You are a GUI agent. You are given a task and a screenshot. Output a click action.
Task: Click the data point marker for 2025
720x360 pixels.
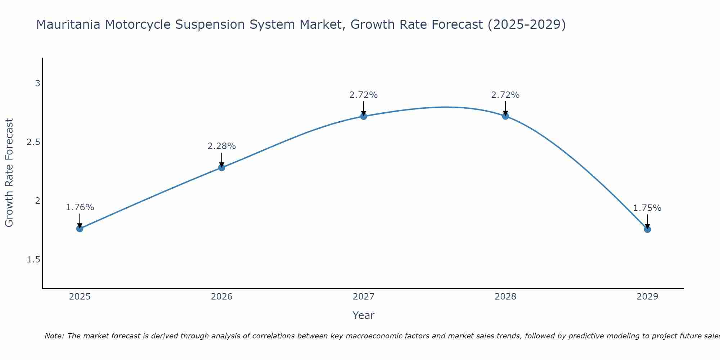pyautogui.click(x=80, y=229)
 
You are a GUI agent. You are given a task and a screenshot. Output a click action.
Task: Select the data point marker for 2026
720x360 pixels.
pyautogui.click(x=221, y=167)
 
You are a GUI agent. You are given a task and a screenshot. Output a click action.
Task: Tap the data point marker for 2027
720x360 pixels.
pyautogui.click(x=363, y=116)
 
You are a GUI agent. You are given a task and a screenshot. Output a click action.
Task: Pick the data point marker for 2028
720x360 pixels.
pyautogui.click(x=505, y=116)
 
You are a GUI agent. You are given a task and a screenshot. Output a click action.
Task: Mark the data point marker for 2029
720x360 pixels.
pyautogui.click(x=647, y=229)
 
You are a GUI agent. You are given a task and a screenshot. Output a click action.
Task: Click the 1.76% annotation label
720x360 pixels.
pyautogui.click(x=80, y=207)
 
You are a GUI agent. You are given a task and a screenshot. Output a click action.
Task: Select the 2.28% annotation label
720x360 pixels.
pyautogui.click(x=221, y=146)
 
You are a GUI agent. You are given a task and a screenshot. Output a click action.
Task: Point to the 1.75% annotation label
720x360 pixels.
pyautogui.click(x=647, y=208)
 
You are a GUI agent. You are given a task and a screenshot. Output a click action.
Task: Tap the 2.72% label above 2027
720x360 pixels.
pyautogui.click(x=363, y=95)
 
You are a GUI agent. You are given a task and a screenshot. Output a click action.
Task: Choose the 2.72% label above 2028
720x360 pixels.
pyautogui.click(x=505, y=95)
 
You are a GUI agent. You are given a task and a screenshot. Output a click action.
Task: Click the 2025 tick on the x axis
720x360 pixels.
pyautogui.click(x=80, y=297)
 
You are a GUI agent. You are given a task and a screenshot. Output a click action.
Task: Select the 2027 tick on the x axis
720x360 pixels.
pyautogui.click(x=363, y=297)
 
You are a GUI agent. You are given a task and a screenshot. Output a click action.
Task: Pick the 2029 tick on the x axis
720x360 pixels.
pyautogui.click(x=647, y=297)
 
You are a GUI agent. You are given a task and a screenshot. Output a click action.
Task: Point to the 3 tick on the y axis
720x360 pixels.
pyautogui.click(x=37, y=84)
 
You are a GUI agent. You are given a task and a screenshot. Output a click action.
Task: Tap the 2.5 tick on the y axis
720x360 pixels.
pyautogui.click(x=33, y=142)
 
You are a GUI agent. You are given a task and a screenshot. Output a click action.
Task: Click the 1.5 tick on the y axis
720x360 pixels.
pyautogui.click(x=33, y=260)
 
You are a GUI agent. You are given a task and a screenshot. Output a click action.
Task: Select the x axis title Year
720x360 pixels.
pyautogui.click(x=363, y=315)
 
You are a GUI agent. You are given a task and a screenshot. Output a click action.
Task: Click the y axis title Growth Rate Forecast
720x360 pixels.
pyautogui.click(x=9, y=172)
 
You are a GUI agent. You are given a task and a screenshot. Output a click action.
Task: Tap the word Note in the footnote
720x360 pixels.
pyautogui.click(x=54, y=336)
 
